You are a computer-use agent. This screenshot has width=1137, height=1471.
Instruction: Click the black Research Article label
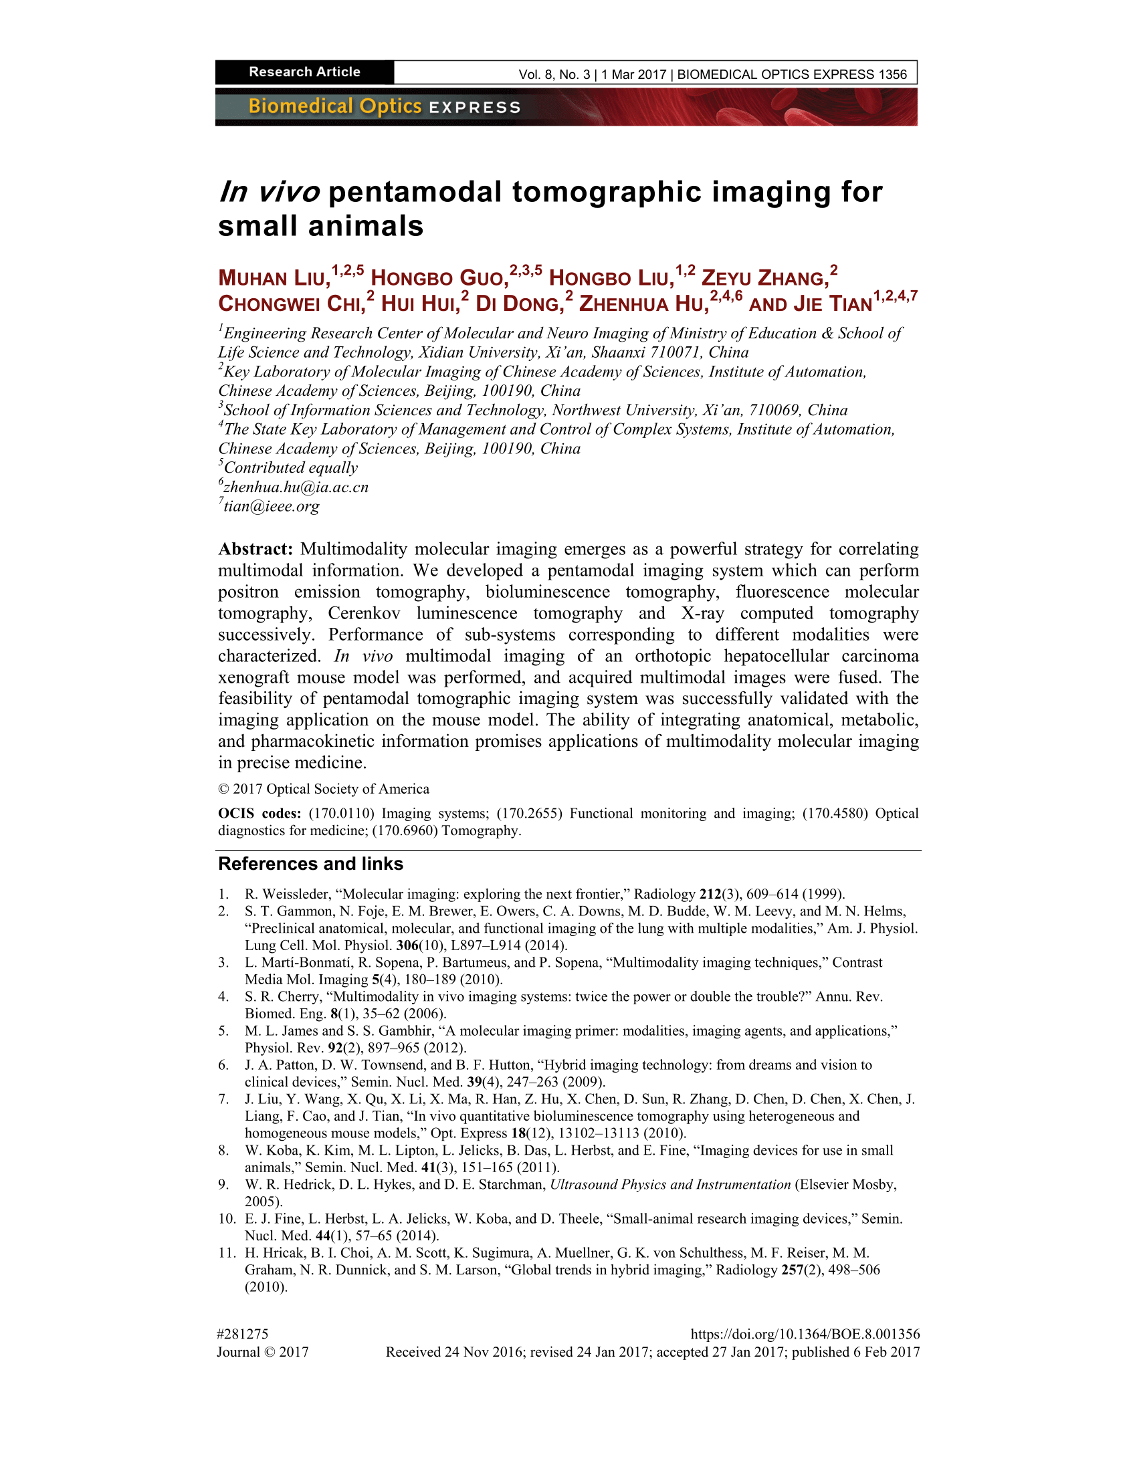click(304, 72)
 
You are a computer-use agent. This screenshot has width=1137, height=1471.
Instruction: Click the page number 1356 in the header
click(892, 75)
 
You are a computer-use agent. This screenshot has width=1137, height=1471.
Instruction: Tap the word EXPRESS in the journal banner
click(475, 108)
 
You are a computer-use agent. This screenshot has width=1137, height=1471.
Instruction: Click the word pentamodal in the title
click(415, 192)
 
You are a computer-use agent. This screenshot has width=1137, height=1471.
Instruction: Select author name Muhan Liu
click(274, 277)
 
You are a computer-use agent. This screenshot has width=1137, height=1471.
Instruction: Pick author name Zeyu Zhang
click(764, 277)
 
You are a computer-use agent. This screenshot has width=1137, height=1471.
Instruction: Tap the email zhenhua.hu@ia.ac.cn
click(296, 487)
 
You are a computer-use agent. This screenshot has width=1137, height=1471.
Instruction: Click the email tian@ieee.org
click(271, 506)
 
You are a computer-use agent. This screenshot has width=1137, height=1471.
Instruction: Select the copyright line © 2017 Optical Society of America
click(323, 789)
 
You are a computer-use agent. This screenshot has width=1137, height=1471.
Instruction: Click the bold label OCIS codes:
click(260, 813)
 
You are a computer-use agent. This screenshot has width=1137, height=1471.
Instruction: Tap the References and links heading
click(310, 863)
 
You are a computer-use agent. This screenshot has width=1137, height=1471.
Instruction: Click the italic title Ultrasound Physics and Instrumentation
click(670, 1184)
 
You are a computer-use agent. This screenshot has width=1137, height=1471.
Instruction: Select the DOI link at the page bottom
click(805, 1334)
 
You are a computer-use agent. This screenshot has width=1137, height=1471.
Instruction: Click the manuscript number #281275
click(243, 1334)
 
